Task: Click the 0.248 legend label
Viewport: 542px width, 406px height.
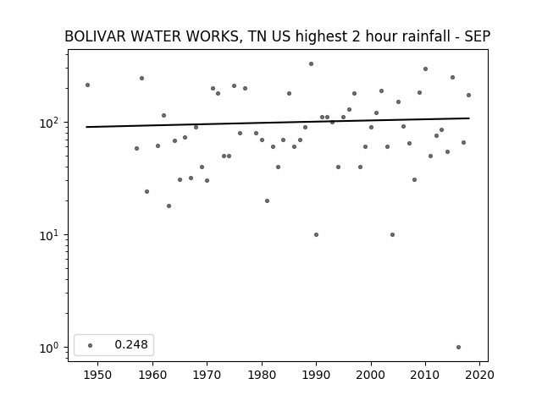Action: [131, 344]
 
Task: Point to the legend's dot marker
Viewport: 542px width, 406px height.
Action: [91, 345]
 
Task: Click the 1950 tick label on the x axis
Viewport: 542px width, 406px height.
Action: [97, 375]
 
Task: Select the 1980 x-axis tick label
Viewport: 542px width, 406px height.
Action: [262, 375]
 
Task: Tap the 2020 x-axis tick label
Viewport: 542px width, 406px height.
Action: [479, 375]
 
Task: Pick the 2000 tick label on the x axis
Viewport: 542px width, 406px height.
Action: [371, 375]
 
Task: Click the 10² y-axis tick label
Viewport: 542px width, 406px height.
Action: [51, 123]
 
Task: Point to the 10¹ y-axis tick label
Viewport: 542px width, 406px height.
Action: [51, 235]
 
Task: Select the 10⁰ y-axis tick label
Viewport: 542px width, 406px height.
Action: [51, 348]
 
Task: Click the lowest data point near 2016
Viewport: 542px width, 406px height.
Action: [458, 348]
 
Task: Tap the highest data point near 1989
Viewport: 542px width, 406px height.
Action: [311, 64]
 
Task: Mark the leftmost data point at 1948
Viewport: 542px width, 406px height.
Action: [87, 85]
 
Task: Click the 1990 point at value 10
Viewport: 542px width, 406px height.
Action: [316, 235]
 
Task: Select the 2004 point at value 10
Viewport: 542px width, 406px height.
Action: [392, 235]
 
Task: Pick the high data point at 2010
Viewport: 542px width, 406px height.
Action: [425, 69]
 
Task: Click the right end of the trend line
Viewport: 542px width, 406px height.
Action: [469, 118]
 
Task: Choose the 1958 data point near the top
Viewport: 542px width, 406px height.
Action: [141, 79]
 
